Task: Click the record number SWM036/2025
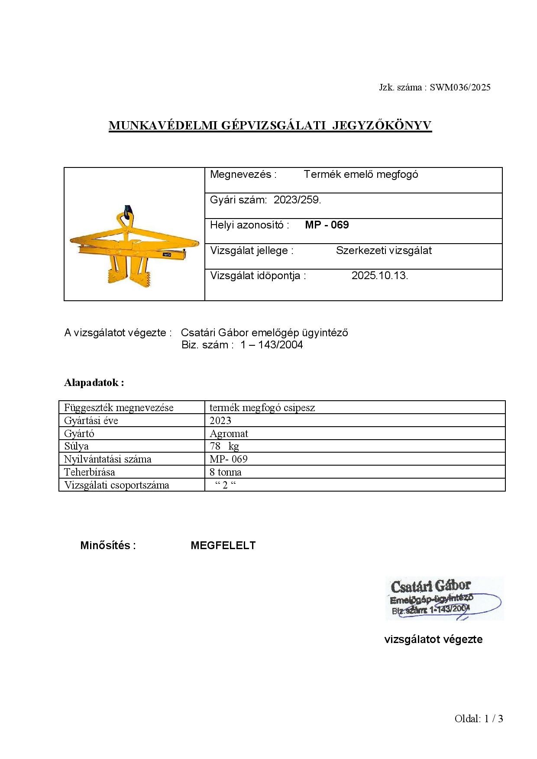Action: tap(460, 87)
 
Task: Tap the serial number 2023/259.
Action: tap(297, 200)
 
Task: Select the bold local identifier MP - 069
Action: tap(327, 225)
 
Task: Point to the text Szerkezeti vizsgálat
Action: tap(384, 251)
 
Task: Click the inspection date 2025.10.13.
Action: tap(380, 276)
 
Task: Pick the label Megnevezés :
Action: tap(243, 174)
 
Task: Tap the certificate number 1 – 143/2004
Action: tap(272, 345)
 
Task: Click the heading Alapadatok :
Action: tap(94, 383)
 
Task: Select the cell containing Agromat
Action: tap(229, 434)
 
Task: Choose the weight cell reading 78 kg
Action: tap(224, 446)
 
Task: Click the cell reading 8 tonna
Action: tap(226, 472)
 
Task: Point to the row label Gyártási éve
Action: tap(91, 421)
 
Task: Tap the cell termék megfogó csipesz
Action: tap(262, 408)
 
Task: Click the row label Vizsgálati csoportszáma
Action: tap(116, 485)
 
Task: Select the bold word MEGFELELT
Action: tap(223, 546)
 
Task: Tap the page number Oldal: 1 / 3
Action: tap(479, 719)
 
